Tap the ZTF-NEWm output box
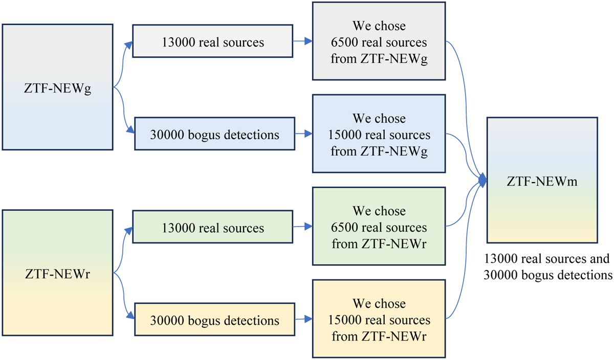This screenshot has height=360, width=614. [542, 180]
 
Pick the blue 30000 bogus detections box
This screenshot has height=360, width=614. [214, 135]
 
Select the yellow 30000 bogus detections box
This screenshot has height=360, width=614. [214, 321]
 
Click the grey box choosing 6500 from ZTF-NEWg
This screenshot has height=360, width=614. [379, 42]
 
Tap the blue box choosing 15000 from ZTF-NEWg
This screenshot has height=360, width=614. [379, 135]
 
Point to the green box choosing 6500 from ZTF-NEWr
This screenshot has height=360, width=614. [379, 228]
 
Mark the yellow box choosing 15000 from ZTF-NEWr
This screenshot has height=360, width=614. [379, 321]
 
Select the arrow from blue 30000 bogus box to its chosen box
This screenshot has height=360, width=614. [304, 135]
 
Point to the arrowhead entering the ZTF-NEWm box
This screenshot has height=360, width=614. [483, 179]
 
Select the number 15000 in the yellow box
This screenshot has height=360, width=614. [346, 321]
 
